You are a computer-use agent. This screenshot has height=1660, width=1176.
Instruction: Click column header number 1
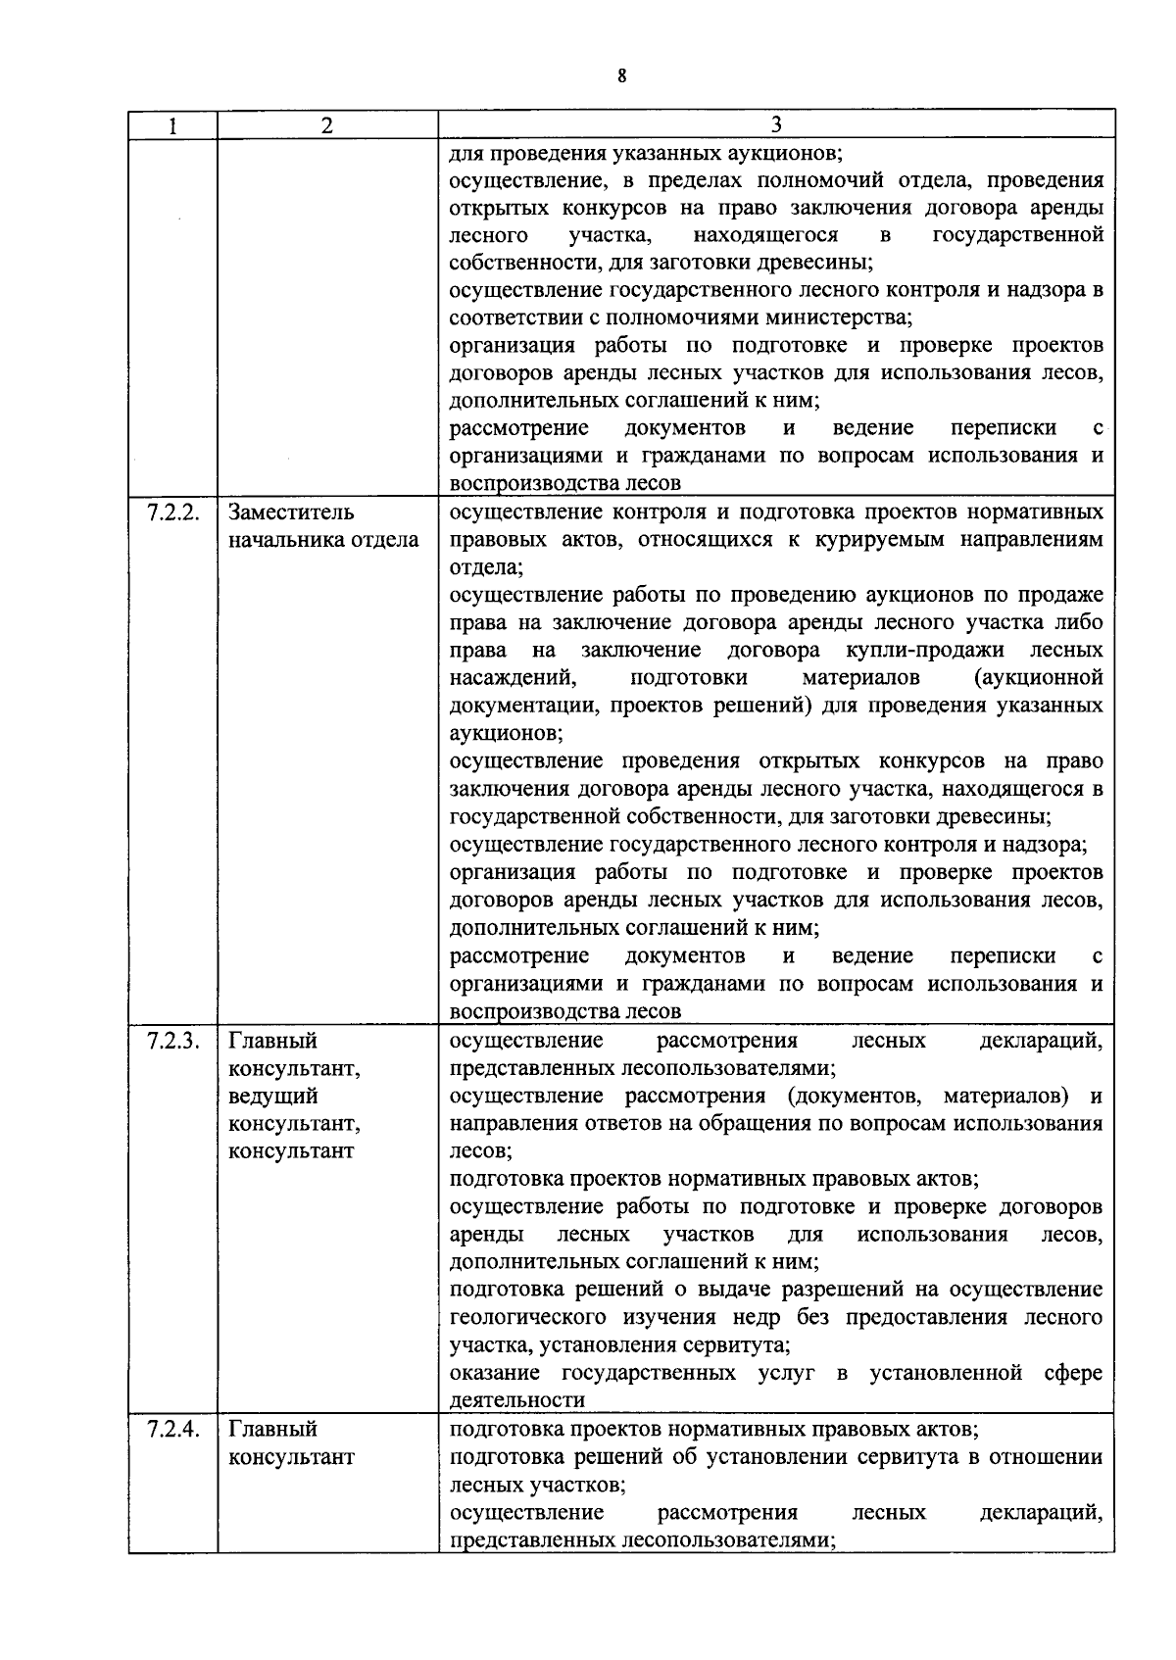pos(172,125)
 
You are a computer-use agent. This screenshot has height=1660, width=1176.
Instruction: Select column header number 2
pos(327,125)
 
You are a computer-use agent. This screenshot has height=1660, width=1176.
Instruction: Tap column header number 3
pos(775,124)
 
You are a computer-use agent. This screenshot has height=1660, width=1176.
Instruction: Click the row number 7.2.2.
pos(173,513)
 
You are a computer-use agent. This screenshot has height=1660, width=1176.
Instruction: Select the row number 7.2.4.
pos(173,1429)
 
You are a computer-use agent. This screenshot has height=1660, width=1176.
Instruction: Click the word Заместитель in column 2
pos(291,513)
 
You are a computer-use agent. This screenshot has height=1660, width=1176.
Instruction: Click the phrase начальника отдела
pos(323,540)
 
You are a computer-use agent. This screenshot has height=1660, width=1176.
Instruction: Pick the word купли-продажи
pos(922,651)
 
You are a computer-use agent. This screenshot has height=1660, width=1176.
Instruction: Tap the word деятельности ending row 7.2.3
pos(516,1399)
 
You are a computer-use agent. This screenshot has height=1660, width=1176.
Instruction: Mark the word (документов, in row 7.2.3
pos(857,1096)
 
